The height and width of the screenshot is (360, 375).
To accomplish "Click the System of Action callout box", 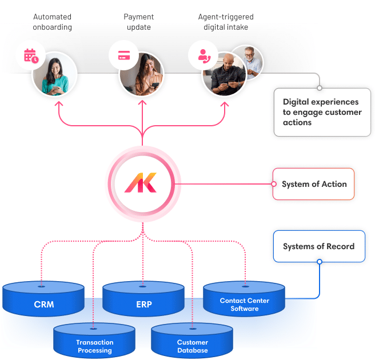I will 314,184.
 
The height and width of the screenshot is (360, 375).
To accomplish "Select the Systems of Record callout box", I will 318,246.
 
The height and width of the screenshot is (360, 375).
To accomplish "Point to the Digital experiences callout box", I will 322,112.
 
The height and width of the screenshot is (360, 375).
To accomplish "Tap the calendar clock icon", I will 31,56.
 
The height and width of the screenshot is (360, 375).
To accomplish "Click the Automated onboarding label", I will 52,22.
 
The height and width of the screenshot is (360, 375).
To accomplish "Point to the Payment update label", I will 139,22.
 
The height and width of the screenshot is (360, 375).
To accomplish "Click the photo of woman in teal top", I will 55,74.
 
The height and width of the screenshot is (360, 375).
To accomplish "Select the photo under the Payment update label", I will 141,74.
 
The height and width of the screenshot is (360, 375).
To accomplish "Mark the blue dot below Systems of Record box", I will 320,262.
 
